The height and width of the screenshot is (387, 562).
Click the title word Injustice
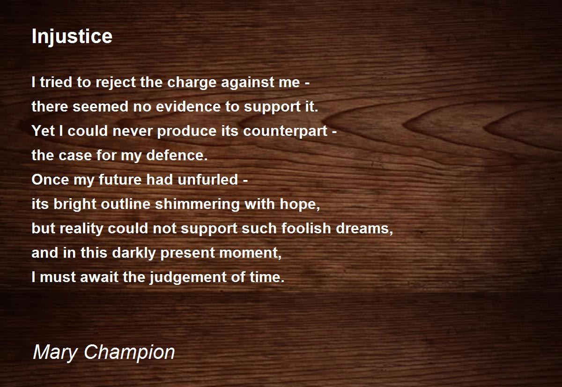tap(72, 37)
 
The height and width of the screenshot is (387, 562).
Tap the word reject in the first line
tap(116, 83)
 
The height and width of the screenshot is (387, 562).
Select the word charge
tap(192, 83)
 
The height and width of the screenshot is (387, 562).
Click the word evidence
tap(188, 106)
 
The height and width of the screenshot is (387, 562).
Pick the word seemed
tap(101, 106)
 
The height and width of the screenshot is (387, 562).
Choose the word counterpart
tap(285, 131)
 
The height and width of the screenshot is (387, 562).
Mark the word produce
tap(187, 131)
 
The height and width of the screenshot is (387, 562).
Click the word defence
tap(177, 155)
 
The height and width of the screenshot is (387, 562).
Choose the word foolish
tap(306, 228)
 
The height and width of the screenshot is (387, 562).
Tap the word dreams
tap(364, 228)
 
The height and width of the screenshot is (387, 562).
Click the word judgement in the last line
tap(188, 277)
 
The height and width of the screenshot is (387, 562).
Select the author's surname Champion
tap(129, 353)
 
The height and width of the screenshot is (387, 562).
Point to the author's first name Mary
tap(55, 353)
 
